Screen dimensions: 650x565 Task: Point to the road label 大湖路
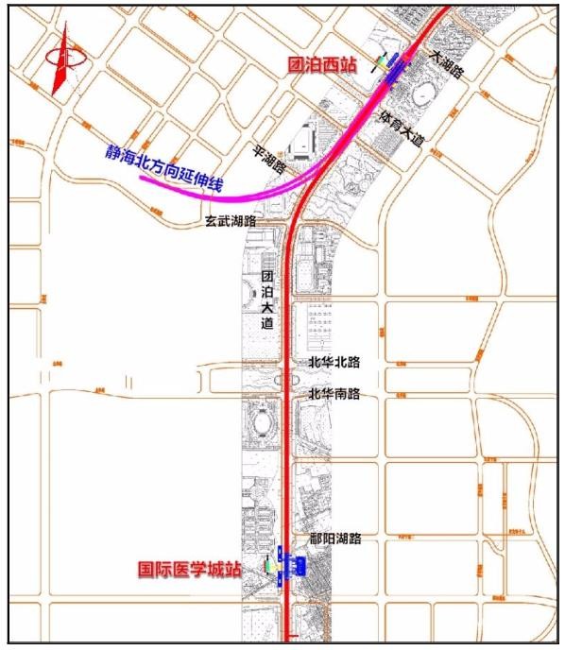tap(447, 63)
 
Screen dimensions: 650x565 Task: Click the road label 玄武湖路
tap(236, 221)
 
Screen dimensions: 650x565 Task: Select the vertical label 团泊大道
tap(267, 299)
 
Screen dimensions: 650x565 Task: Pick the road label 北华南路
tap(334, 393)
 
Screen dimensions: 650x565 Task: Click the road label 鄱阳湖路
tap(335, 539)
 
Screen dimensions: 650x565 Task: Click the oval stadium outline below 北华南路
tap(263, 421)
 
